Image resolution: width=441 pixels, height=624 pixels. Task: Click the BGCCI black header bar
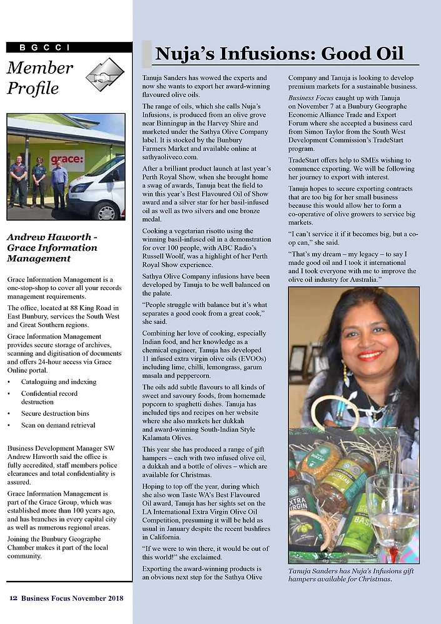(x=69, y=47)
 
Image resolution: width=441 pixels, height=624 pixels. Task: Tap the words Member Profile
(x=40, y=78)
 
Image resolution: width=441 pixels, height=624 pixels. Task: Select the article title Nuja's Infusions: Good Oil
(x=279, y=54)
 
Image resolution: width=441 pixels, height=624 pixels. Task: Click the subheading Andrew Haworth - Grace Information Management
(x=53, y=248)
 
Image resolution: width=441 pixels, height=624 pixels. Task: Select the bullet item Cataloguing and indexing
(x=59, y=381)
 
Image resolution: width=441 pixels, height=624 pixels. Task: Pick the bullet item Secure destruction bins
(x=55, y=413)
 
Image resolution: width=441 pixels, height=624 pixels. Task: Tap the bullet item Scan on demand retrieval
(x=58, y=425)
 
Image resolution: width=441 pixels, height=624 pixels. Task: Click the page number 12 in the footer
(x=13, y=598)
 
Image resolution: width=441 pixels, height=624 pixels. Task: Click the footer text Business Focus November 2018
(x=72, y=598)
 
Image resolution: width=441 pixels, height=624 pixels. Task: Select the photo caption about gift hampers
(x=351, y=575)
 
